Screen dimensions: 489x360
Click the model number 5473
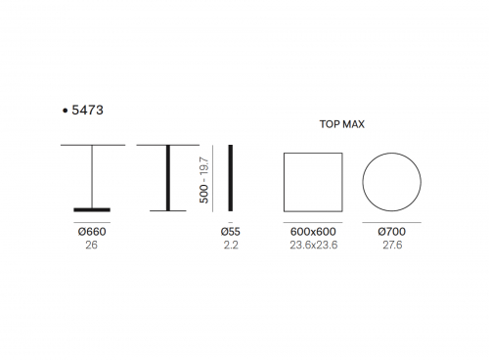coord(87,111)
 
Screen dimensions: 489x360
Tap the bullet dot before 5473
coord(65,111)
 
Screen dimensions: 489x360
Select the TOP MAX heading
coord(342,124)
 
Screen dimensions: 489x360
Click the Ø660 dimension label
coord(92,232)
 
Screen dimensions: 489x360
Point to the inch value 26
coord(91,245)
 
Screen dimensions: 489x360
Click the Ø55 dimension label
coord(231,232)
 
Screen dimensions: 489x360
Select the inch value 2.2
coord(231,245)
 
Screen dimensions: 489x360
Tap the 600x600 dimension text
coord(313,232)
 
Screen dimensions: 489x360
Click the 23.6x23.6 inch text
coord(314,245)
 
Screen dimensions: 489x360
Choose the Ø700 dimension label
coord(392,232)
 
